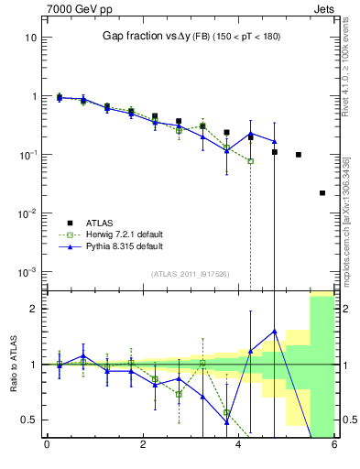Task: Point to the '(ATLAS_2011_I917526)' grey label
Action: [191, 274]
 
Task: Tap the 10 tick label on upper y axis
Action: [30, 38]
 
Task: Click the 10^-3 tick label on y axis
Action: [27, 272]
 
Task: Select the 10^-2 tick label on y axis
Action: [27, 213]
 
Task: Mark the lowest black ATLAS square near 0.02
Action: [322, 193]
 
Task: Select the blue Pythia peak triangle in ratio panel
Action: [274, 331]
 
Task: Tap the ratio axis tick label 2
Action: [33, 309]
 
